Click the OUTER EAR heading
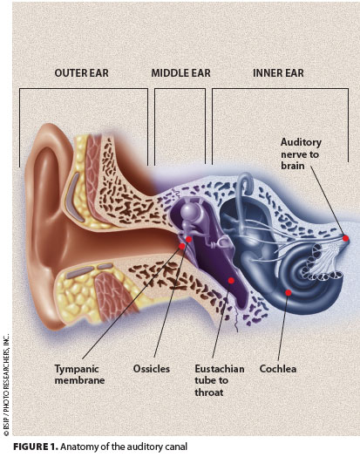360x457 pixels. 82,73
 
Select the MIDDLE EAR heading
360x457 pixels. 181,73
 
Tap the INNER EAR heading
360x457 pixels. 278,73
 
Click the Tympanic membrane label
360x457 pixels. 79,374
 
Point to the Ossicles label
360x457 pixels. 152,369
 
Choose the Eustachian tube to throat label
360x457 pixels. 220,380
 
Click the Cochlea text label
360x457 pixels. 278,369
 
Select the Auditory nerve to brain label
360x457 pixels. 301,153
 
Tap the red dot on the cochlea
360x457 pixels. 288,293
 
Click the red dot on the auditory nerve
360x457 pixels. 346,238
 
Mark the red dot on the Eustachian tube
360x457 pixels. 231,280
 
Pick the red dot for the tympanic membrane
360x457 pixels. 182,246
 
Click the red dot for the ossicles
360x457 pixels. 189,239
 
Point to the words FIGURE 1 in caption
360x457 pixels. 36,447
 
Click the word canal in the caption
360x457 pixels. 176,447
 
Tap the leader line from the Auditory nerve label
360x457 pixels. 328,201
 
